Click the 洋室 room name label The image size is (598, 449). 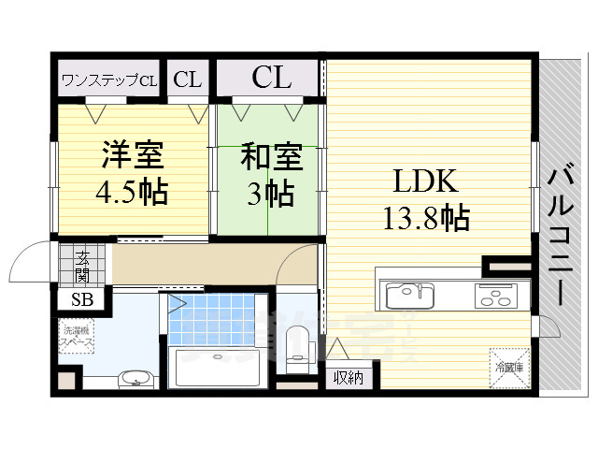pos(131,154)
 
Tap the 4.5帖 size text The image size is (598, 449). pos(131,192)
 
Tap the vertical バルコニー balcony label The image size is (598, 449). pos(561,234)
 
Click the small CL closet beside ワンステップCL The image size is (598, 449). pos(187,80)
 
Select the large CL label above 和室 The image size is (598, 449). pos(271,78)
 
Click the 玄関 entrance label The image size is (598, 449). pos(82,266)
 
